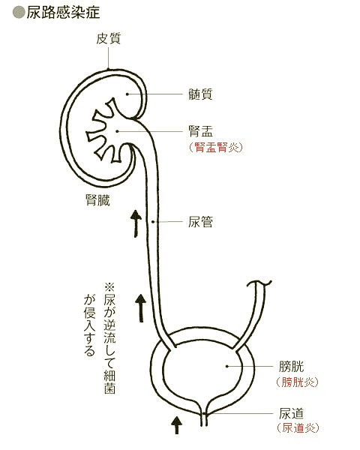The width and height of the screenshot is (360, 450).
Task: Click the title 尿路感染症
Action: pos(63,13)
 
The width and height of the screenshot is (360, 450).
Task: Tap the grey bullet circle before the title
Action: pos(19,13)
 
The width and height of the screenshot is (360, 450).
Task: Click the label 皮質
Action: pos(108,38)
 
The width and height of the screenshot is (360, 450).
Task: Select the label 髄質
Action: pos(200,94)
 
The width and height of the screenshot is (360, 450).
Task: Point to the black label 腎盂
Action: pos(200,131)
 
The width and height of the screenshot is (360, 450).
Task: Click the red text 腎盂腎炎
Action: pos(216,147)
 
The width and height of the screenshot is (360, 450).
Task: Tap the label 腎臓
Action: pos(97,200)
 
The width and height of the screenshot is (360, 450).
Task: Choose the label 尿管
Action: pos(200,222)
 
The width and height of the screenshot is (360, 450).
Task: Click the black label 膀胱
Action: pos(291,367)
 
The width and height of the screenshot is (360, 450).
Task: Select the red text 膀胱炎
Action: pos(298,382)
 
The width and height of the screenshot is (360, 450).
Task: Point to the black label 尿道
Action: pos(291,413)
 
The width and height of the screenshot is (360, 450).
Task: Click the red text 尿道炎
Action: pos(298,428)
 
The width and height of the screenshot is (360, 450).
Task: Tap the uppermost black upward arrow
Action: pos(136,223)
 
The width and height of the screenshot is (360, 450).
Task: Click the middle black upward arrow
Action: pos(141,308)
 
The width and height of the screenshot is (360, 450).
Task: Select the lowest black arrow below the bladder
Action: pos(176,425)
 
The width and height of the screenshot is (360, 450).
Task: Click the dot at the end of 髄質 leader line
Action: pos(127,94)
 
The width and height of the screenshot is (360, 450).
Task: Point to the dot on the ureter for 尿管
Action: pos(153,222)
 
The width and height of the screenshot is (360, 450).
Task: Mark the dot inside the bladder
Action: pos(226,366)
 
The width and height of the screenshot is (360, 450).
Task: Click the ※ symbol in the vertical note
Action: pos(110,287)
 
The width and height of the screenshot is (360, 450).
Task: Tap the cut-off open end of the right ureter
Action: pos(259,283)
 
